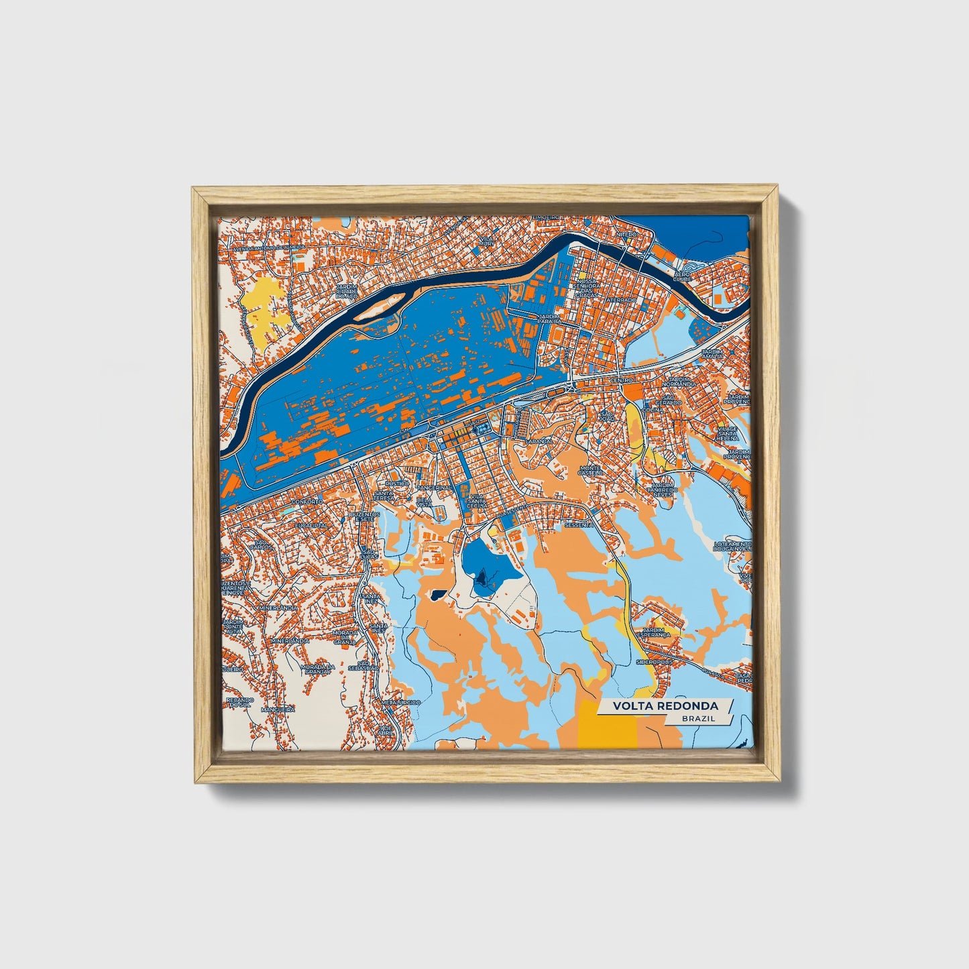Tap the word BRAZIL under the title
click(x=697, y=718)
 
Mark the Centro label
click(x=622, y=380)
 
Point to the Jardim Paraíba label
click(x=540, y=319)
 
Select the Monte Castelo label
click(x=591, y=470)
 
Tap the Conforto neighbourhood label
click(x=307, y=501)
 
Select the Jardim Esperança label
click(x=656, y=632)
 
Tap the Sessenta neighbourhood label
click(x=578, y=525)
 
